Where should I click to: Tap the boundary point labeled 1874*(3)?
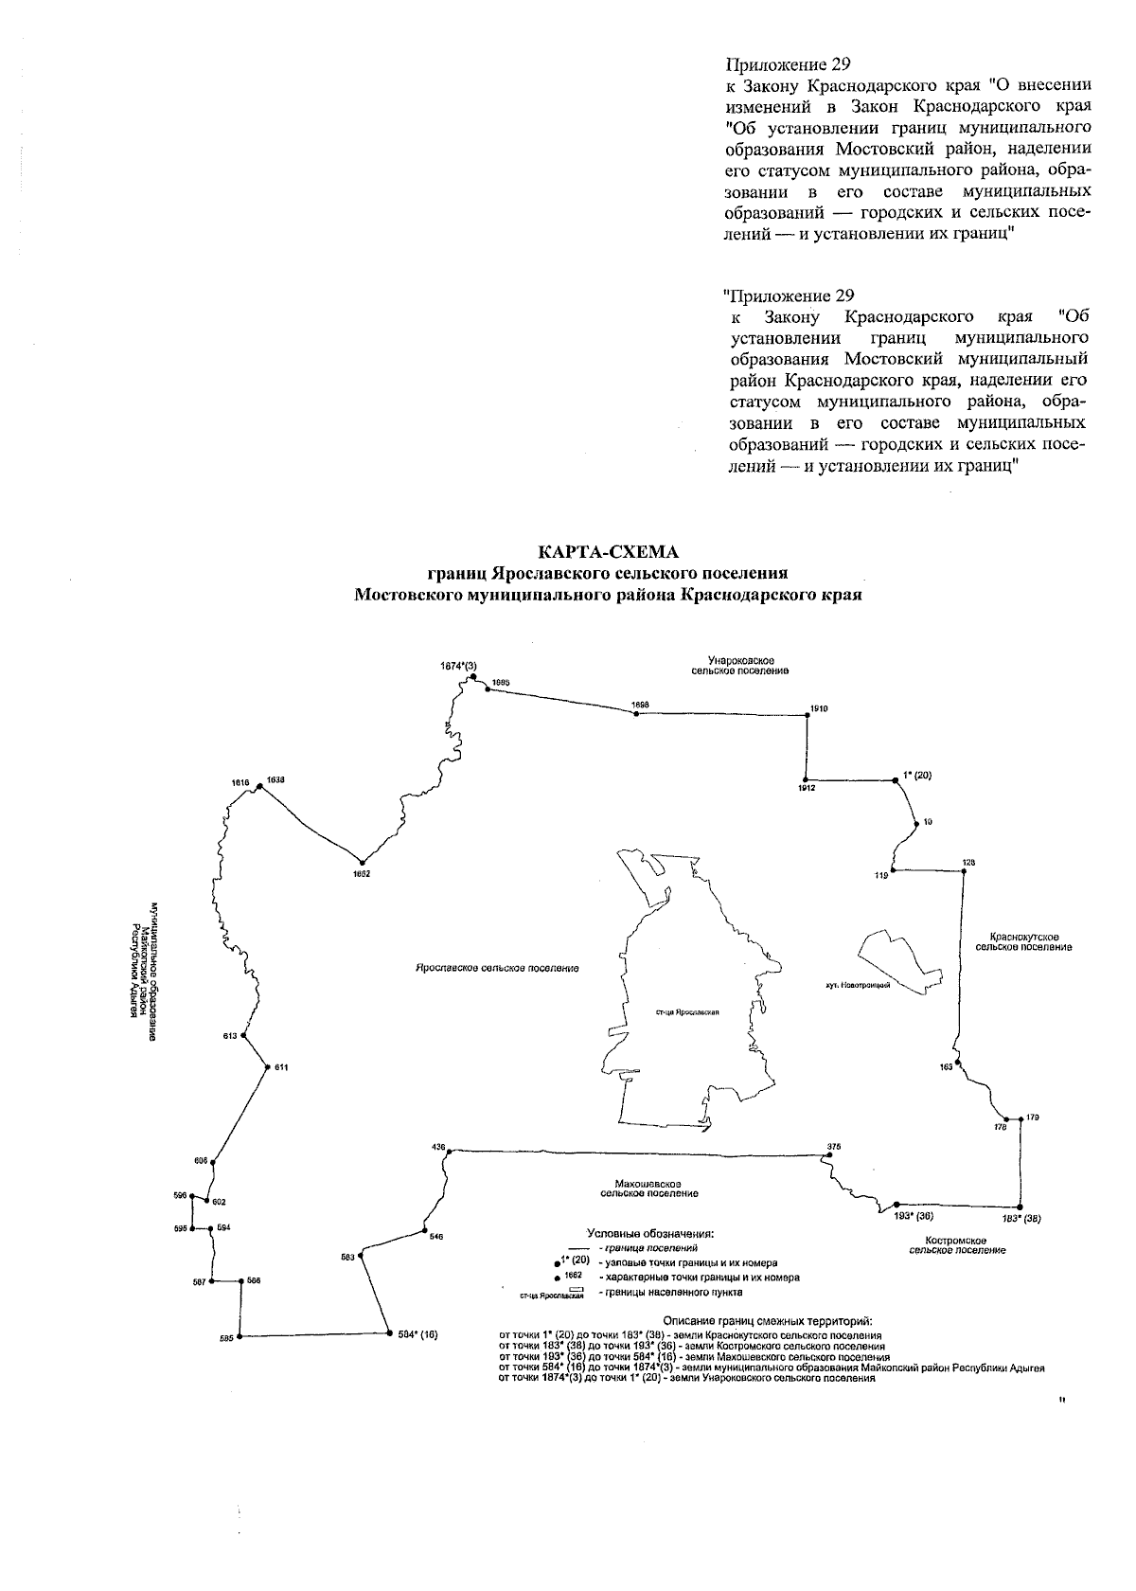[x=471, y=677]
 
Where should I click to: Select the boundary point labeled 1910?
[x=807, y=716]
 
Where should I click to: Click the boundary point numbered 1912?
[x=807, y=779]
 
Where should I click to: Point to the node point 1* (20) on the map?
[x=895, y=780]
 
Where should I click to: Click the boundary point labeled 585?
[x=240, y=1336]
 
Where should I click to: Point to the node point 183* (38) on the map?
[x=1021, y=1207]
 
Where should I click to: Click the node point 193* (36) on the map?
[x=896, y=1204]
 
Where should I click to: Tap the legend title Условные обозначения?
[x=650, y=1233]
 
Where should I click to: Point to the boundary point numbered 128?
[x=964, y=870]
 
